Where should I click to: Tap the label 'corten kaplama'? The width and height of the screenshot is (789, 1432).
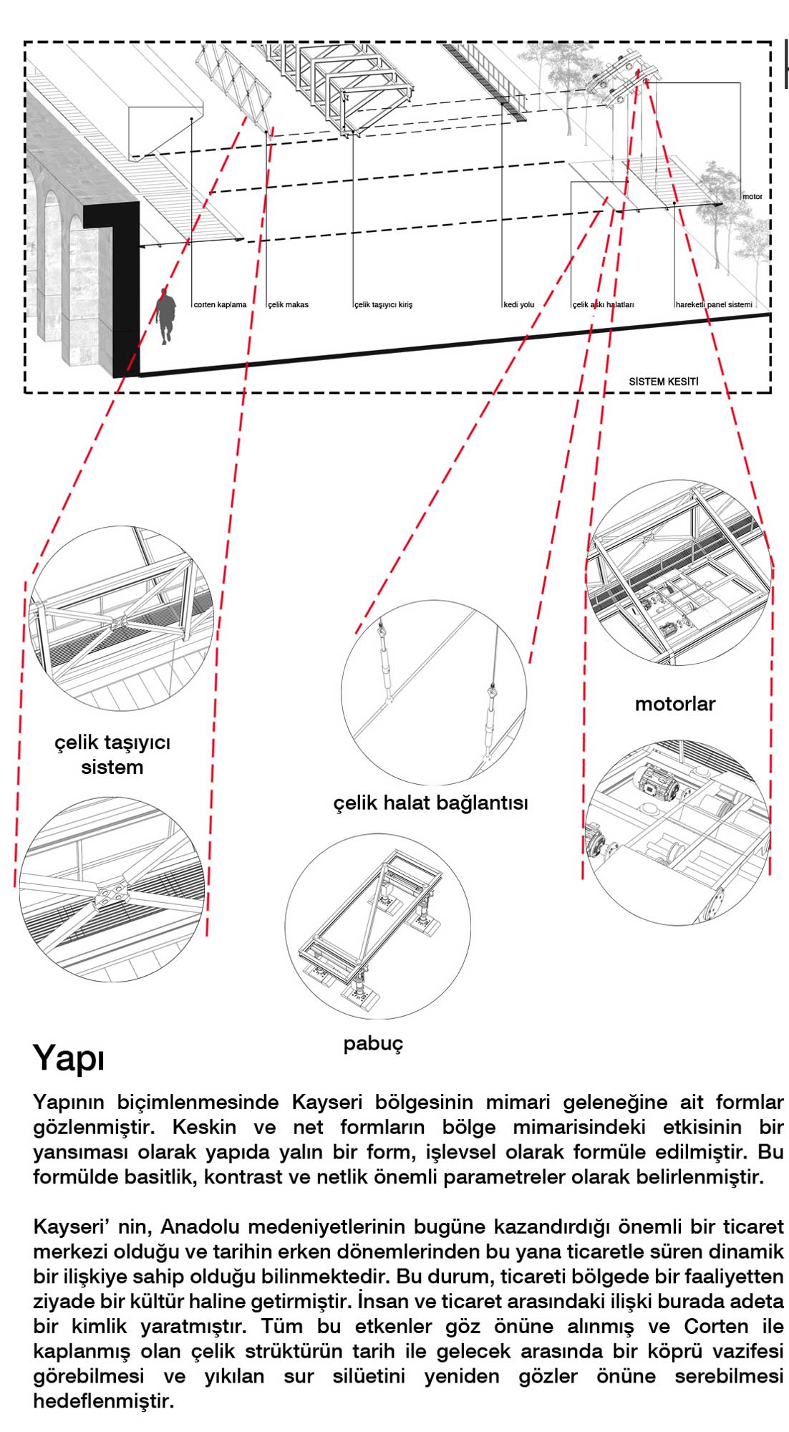[220, 305]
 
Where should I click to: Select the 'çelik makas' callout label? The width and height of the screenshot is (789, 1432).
[289, 305]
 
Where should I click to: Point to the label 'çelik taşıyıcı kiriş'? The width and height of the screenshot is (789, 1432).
[384, 305]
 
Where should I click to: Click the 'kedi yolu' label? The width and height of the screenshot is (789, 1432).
[519, 305]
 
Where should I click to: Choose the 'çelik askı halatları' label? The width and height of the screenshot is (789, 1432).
[604, 305]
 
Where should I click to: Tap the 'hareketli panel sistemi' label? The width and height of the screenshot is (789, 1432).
[714, 305]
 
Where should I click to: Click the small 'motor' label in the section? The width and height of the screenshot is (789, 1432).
[752, 196]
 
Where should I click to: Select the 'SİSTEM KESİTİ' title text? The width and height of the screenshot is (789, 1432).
[663, 382]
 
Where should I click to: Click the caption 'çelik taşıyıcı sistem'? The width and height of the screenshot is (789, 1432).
[112, 755]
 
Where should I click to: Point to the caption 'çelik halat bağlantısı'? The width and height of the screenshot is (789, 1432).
[430, 803]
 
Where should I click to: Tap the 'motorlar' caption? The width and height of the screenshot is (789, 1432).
[675, 704]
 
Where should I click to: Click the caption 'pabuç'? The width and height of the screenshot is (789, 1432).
[373, 1043]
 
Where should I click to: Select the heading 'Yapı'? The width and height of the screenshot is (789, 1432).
[69, 1058]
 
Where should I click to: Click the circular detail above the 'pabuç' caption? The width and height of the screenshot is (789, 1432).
[377, 926]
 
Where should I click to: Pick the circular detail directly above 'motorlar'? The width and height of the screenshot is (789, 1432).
[679, 573]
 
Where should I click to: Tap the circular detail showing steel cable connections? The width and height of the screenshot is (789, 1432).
[434, 692]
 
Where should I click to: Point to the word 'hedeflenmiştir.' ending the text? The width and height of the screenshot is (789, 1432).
[103, 1401]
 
